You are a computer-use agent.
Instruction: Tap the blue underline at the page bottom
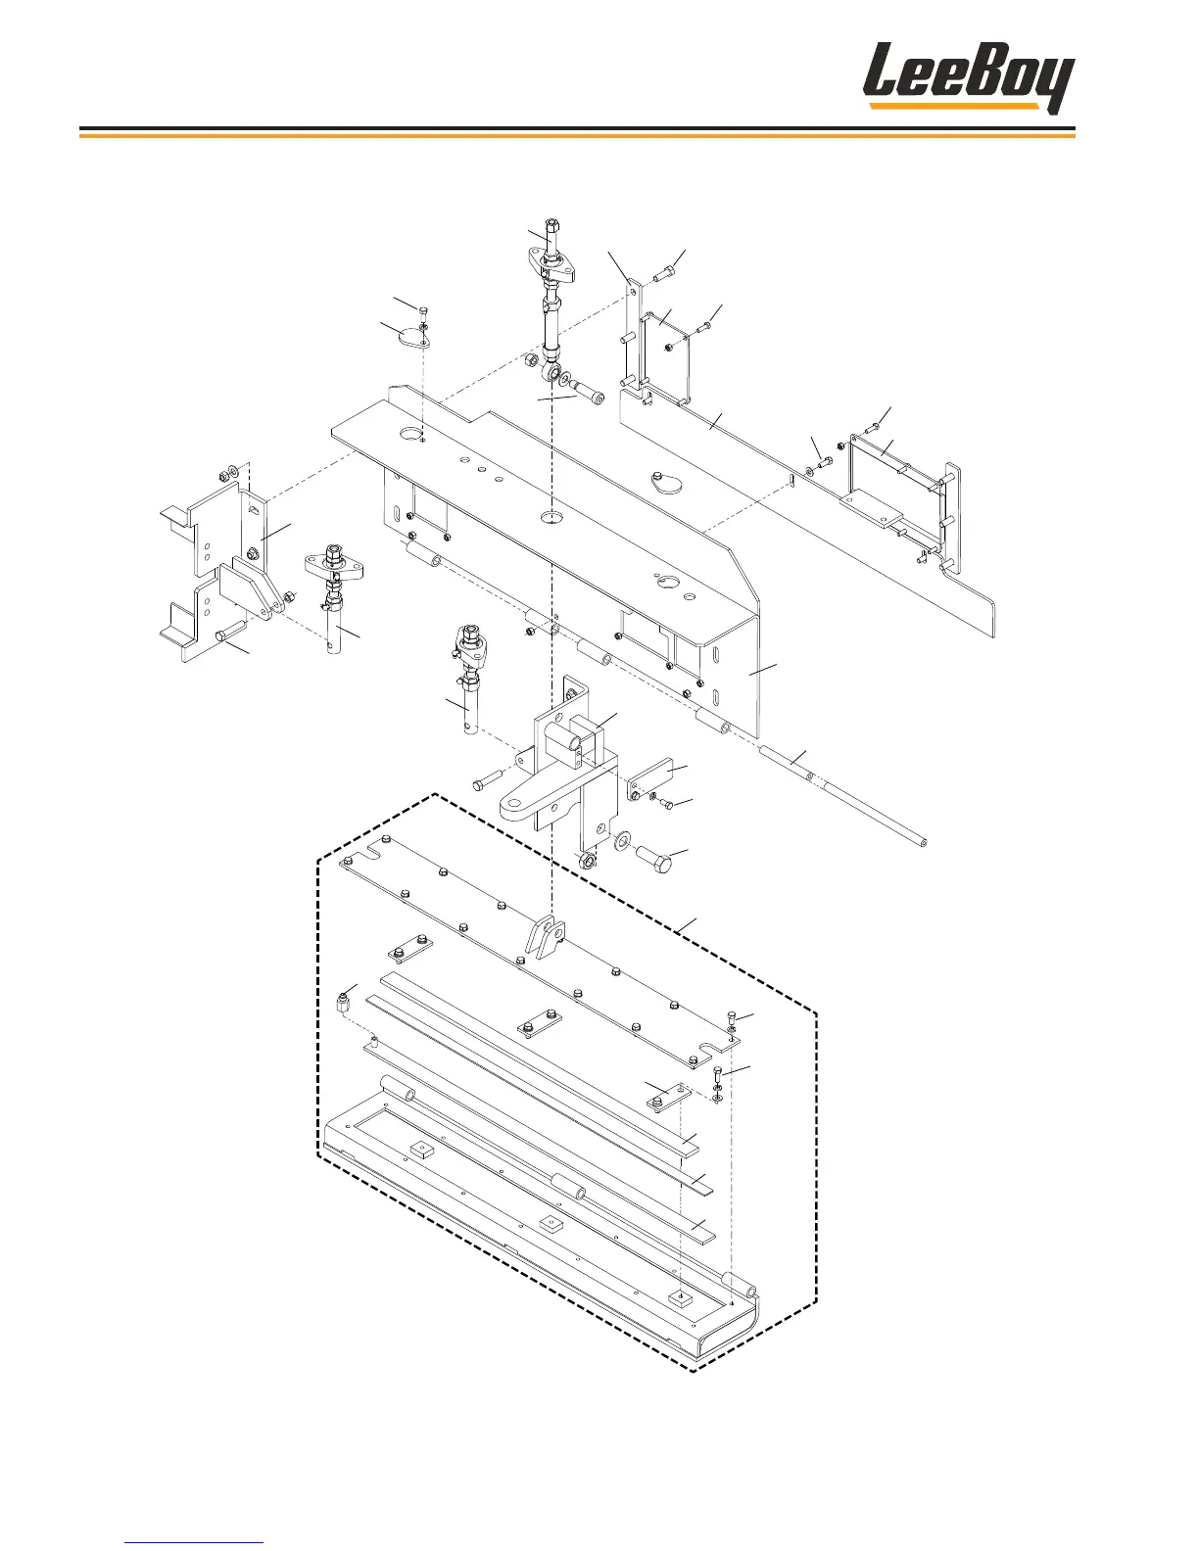point(195,1543)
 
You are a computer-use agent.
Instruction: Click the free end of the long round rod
point(922,839)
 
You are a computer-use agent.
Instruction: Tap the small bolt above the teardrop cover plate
point(422,312)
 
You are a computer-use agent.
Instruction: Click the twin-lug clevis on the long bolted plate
point(544,936)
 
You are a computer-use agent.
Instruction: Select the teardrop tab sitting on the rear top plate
point(664,480)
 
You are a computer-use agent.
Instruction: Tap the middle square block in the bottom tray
point(549,1223)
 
